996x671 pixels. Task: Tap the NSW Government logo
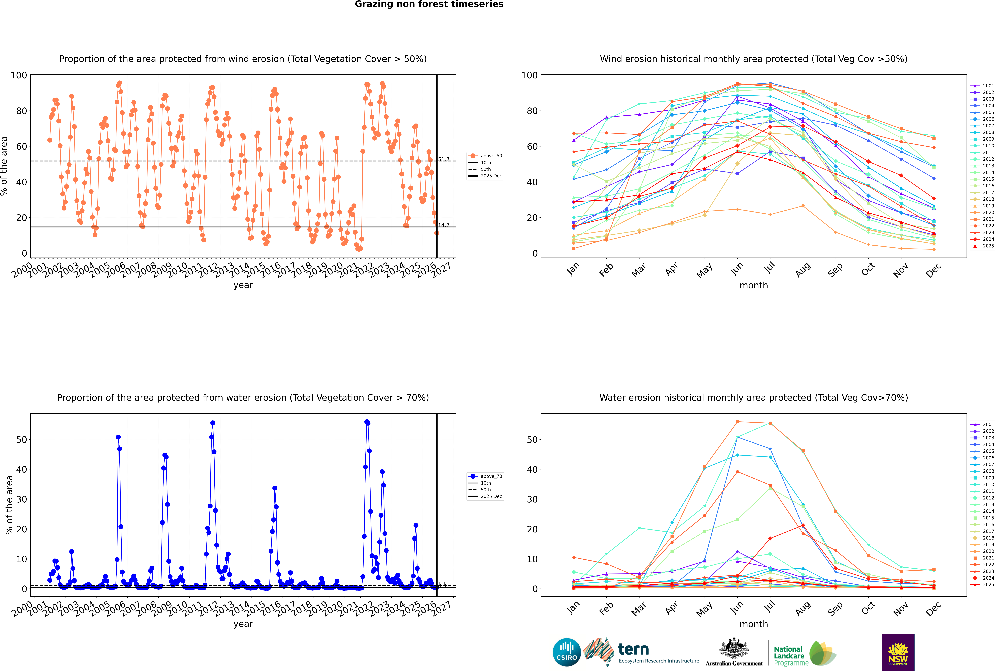898,652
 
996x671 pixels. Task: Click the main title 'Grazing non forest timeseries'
429,4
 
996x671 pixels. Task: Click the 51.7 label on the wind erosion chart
444,159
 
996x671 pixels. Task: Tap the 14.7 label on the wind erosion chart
444,225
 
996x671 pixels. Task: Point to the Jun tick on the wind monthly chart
737,269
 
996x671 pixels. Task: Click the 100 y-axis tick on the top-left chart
19,75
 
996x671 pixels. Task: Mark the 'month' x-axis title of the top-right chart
754,285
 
